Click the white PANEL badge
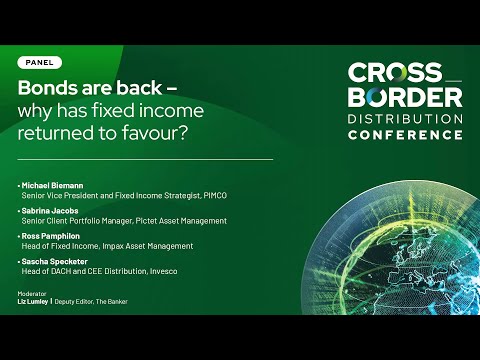coord(40,63)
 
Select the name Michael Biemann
coord(52,186)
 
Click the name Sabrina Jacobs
coord(50,211)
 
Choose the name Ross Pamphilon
coord(51,236)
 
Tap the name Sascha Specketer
coord(55,262)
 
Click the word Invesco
coord(164,271)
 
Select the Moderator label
coord(32,294)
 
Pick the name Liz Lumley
coord(33,302)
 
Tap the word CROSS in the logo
coord(395,72)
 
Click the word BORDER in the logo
coord(405,97)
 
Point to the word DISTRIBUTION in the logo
coord(405,119)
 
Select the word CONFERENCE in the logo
coord(405,135)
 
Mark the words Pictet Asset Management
coord(181,221)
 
